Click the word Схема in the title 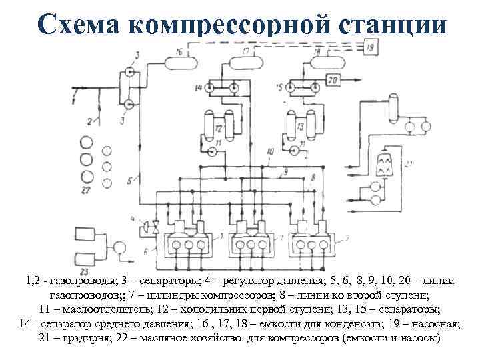click(79, 25)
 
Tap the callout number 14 click(199, 87)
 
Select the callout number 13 click(301, 127)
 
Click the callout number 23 click(85, 271)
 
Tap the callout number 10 click(269, 153)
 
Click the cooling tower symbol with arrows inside click(383, 163)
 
